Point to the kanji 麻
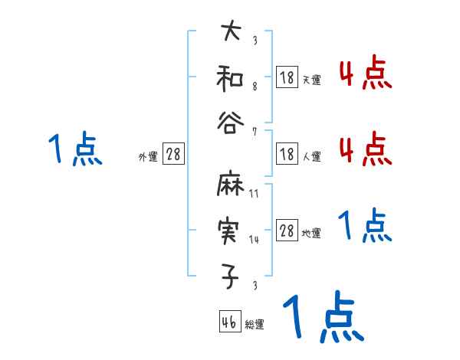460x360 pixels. coord(231,186)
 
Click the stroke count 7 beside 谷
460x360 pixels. coord(255,130)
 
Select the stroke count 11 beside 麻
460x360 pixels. coord(255,195)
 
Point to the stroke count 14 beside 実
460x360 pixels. coord(255,240)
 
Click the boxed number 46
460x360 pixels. coord(229,322)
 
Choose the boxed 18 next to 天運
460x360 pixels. coord(287,77)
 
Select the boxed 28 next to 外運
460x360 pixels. coord(173,155)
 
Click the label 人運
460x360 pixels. coord(310,156)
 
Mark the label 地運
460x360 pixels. coord(310,233)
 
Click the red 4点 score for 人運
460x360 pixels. coord(365,148)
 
